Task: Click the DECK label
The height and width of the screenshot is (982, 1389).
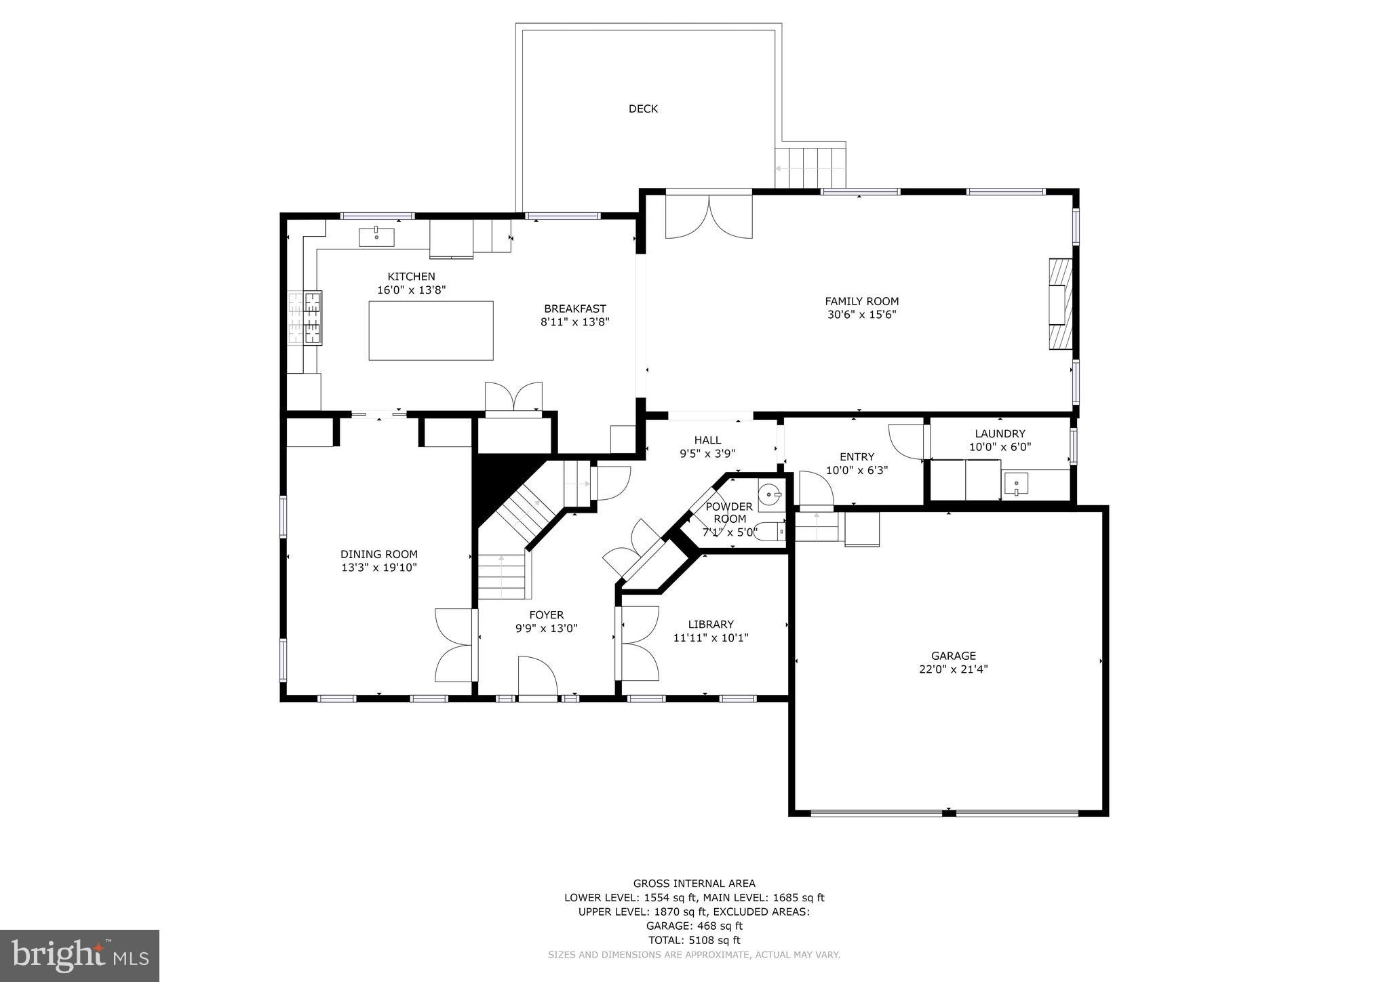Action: (643, 109)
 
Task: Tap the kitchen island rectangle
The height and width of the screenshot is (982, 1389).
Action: (431, 330)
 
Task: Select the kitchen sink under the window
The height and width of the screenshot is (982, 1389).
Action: (376, 237)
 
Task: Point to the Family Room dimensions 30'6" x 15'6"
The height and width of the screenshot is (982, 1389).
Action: (861, 315)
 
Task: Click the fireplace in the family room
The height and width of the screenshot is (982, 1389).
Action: (1060, 303)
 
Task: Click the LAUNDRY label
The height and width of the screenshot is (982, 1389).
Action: (1000, 433)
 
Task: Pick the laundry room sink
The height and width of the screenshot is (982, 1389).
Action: (1016, 484)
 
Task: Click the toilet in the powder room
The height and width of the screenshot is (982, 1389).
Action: (770, 532)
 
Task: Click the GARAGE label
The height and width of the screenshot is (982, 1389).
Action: (953, 656)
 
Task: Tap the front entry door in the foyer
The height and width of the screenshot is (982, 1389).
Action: (538, 677)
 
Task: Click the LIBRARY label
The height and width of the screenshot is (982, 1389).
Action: (711, 625)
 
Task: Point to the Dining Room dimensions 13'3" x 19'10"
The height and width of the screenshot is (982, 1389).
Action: (378, 568)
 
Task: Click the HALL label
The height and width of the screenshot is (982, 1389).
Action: (707, 440)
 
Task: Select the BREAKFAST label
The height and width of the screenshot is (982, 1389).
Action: (574, 309)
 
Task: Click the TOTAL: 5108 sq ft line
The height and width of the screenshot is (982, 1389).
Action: (694, 940)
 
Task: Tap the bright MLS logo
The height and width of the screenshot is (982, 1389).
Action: (79, 956)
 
